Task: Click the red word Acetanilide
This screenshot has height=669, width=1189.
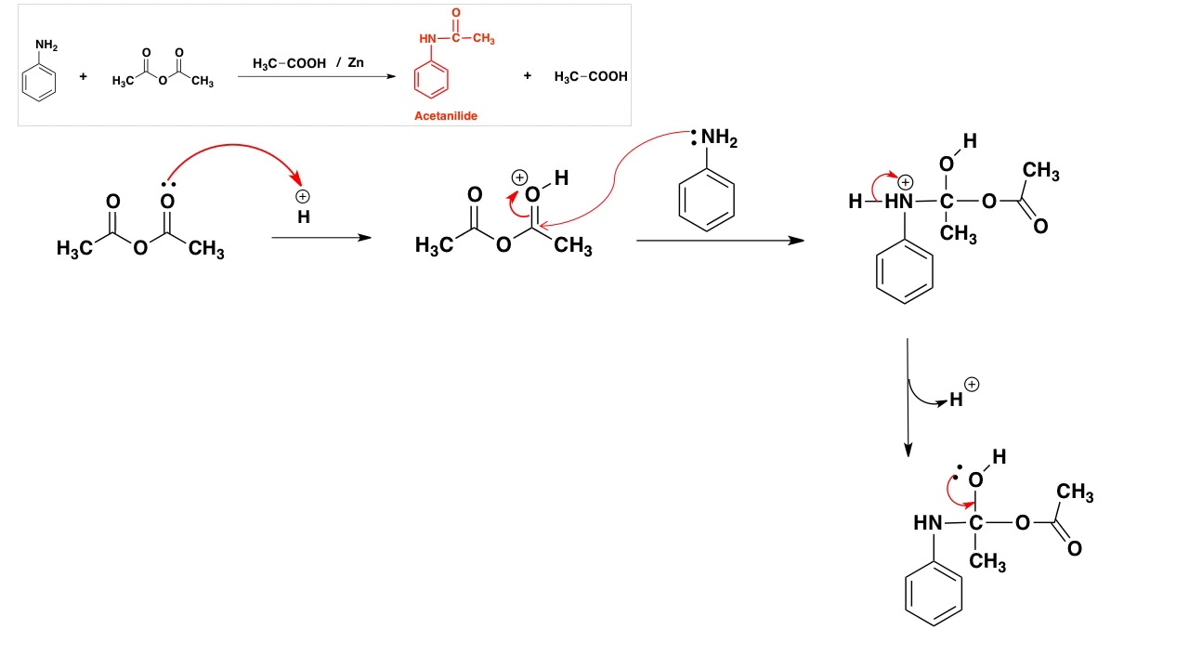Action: tap(446, 116)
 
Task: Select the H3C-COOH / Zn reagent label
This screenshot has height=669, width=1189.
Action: tap(308, 63)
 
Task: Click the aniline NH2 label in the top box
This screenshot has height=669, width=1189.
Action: tap(46, 45)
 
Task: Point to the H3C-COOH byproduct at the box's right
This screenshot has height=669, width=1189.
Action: tap(591, 76)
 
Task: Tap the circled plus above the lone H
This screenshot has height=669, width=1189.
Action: tap(303, 196)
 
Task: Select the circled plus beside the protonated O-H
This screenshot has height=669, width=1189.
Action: tap(519, 177)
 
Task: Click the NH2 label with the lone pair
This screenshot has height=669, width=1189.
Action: tap(718, 138)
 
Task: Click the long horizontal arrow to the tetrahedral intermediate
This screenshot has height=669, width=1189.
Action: tap(720, 241)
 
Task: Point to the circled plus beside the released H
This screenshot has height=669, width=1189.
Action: tap(972, 384)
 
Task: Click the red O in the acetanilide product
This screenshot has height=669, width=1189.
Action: tap(456, 11)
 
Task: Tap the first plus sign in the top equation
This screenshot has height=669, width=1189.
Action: tap(83, 76)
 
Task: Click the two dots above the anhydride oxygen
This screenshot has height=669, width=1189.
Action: tap(167, 184)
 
